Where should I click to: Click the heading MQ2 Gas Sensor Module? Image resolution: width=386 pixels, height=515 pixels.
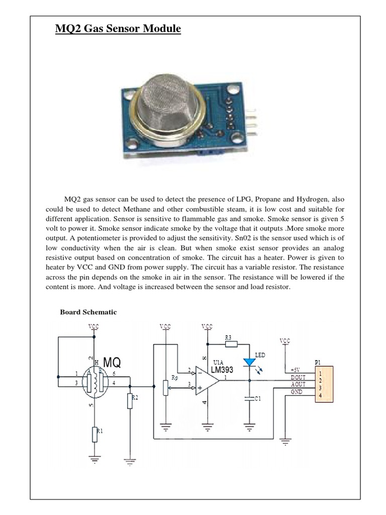pyautogui.click(x=118, y=30)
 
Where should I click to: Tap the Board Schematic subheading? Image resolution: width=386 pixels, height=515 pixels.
pyautogui.click(x=88, y=312)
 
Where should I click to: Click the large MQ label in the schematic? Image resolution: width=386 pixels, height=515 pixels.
pyautogui.click(x=112, y=362)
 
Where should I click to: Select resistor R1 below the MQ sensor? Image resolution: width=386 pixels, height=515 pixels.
pyautogui.click(x=93, y=434)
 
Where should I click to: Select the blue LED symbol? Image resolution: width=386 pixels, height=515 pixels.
pyautogui.click(x=248, y=362)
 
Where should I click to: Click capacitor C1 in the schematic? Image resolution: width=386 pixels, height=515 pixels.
pyautogui.click(x=248, y=398)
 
